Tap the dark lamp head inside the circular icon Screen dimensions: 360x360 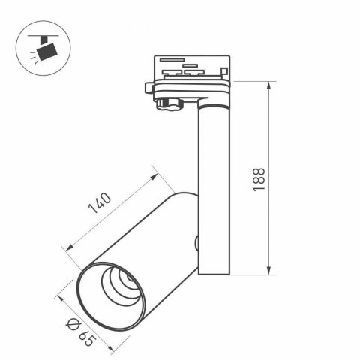(48, 52)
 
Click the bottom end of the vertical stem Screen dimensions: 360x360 (213, 274)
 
